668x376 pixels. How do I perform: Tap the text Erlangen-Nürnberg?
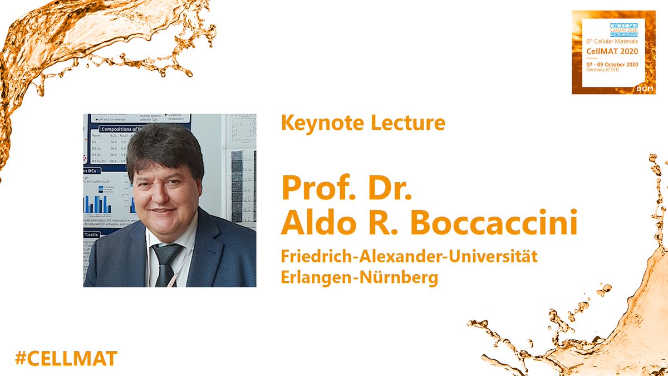(360, 277)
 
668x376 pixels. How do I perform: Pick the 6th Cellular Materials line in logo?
(612, 41)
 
